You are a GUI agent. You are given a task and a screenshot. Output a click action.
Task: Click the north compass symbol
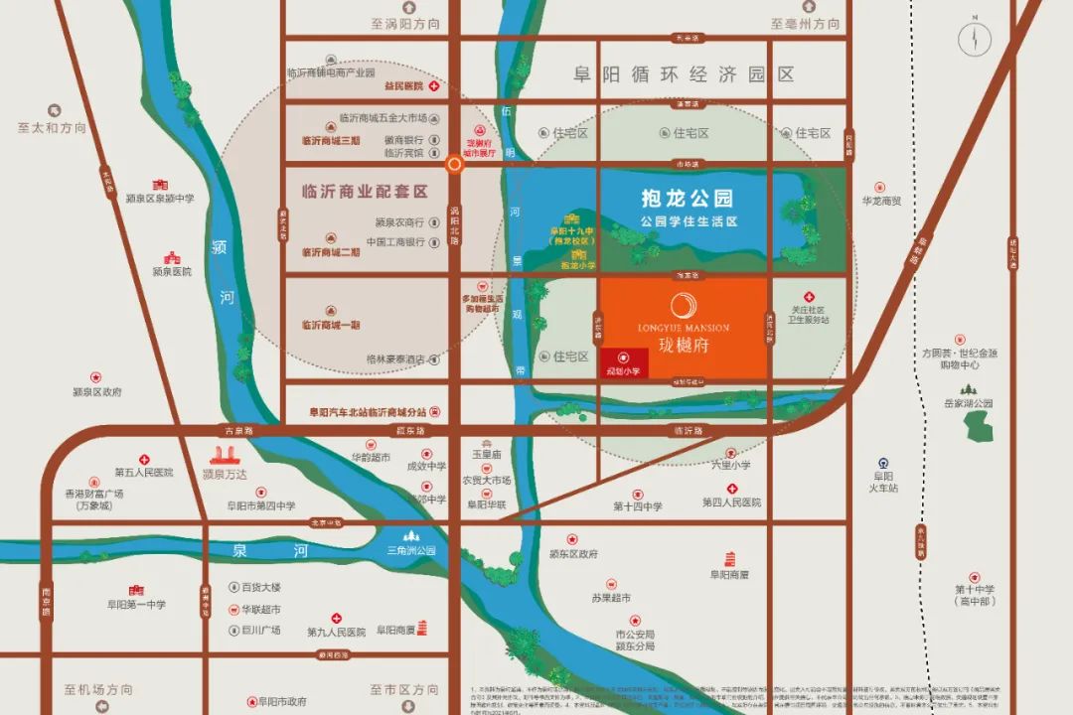point(976,38)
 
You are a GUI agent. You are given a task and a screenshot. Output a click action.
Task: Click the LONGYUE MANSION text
point(684,328)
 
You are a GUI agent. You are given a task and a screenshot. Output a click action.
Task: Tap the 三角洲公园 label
point(412,550)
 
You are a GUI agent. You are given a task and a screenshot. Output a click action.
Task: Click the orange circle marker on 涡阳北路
point(455,165)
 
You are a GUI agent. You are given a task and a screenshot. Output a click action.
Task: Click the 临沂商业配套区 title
point(365,191)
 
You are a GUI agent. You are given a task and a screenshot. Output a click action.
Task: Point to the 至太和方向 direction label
point(52,128)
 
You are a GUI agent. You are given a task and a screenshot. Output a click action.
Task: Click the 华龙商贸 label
point(881,201)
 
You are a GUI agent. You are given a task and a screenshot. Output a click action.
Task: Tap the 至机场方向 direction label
point(98,689)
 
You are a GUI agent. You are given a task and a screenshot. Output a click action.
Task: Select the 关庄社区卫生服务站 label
point(808,315)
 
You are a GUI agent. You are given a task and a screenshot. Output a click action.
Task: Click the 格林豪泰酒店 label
point(395,358)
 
